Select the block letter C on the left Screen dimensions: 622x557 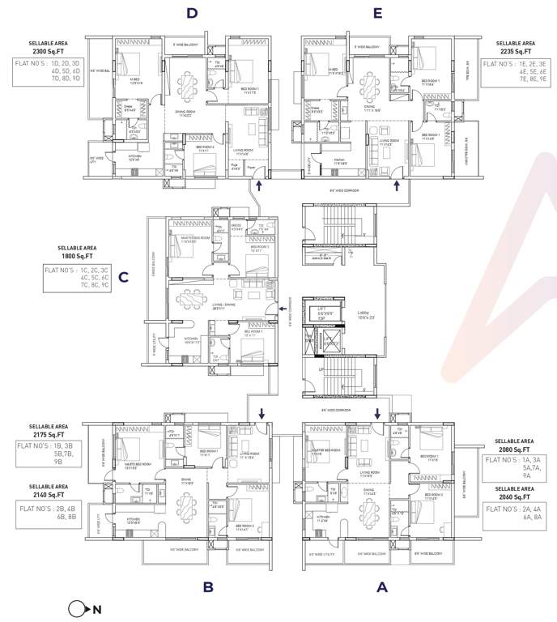pyautogui.click(x=123, y=278)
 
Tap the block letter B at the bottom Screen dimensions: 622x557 pyautogui.click(x=207, y=587)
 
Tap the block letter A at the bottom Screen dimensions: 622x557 pyautogui.click(x=381, y=587)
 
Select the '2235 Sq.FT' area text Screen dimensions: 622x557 pyautogui.click(x=517, y=51)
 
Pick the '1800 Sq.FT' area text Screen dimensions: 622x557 pyautogui.click(x=77, y=257)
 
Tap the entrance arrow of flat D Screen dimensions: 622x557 pyautogui.click(x=258, y=186)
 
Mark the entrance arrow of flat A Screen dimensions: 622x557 pyautogui.click(x=377, y=413)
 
